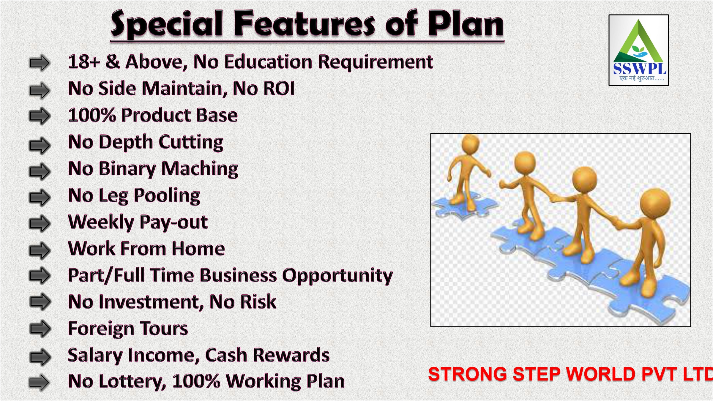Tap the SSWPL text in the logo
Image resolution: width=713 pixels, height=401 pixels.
click(640, 69)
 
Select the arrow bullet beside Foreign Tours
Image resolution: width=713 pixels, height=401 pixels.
click(40, 329)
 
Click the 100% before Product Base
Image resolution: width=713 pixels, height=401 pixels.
click(92, 115)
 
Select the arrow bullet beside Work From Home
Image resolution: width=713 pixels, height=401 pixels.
click(40, 250)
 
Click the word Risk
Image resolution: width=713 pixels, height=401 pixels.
click(258, 302)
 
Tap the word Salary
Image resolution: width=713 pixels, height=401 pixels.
click(95, 355)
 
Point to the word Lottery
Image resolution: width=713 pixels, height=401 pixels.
click(132, 382)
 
